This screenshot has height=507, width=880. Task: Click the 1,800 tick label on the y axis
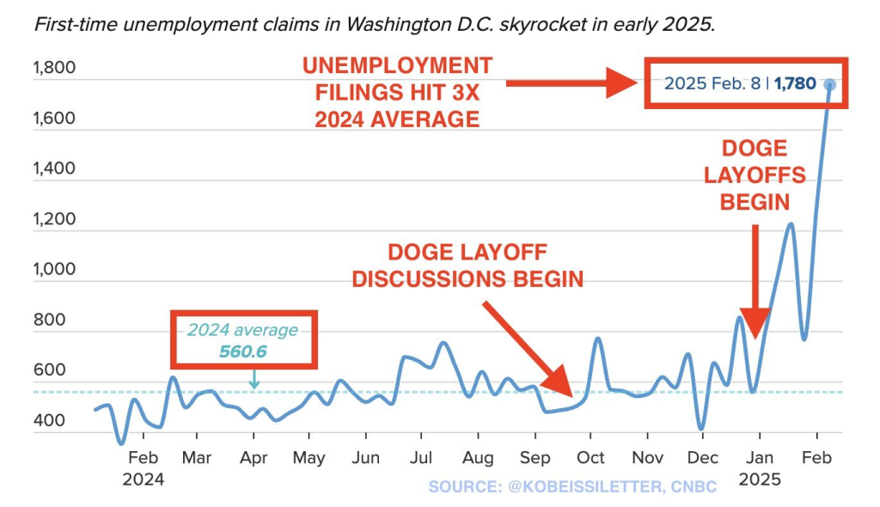tap(53, 68)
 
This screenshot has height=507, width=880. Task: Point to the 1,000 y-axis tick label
tap(53, 269)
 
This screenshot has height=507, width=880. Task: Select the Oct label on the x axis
tap(591, 457)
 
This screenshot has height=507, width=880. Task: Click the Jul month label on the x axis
tap(421, 457)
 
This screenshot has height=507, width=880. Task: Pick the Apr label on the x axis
tap(253, 457)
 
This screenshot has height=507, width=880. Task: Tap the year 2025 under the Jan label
tap(758, 478)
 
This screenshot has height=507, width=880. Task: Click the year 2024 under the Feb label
tap(143, 478)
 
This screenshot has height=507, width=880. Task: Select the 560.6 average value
tap(244, 350)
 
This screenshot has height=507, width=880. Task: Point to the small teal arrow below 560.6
tap(254, 379)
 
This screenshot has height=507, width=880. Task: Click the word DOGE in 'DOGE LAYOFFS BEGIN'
tap(755, 149)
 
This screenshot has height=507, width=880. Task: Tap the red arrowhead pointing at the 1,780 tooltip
tap(620, 83)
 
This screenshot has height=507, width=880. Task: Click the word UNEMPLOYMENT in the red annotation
tap(396, 66)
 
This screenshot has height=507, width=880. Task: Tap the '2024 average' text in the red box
tap(243, 330)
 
